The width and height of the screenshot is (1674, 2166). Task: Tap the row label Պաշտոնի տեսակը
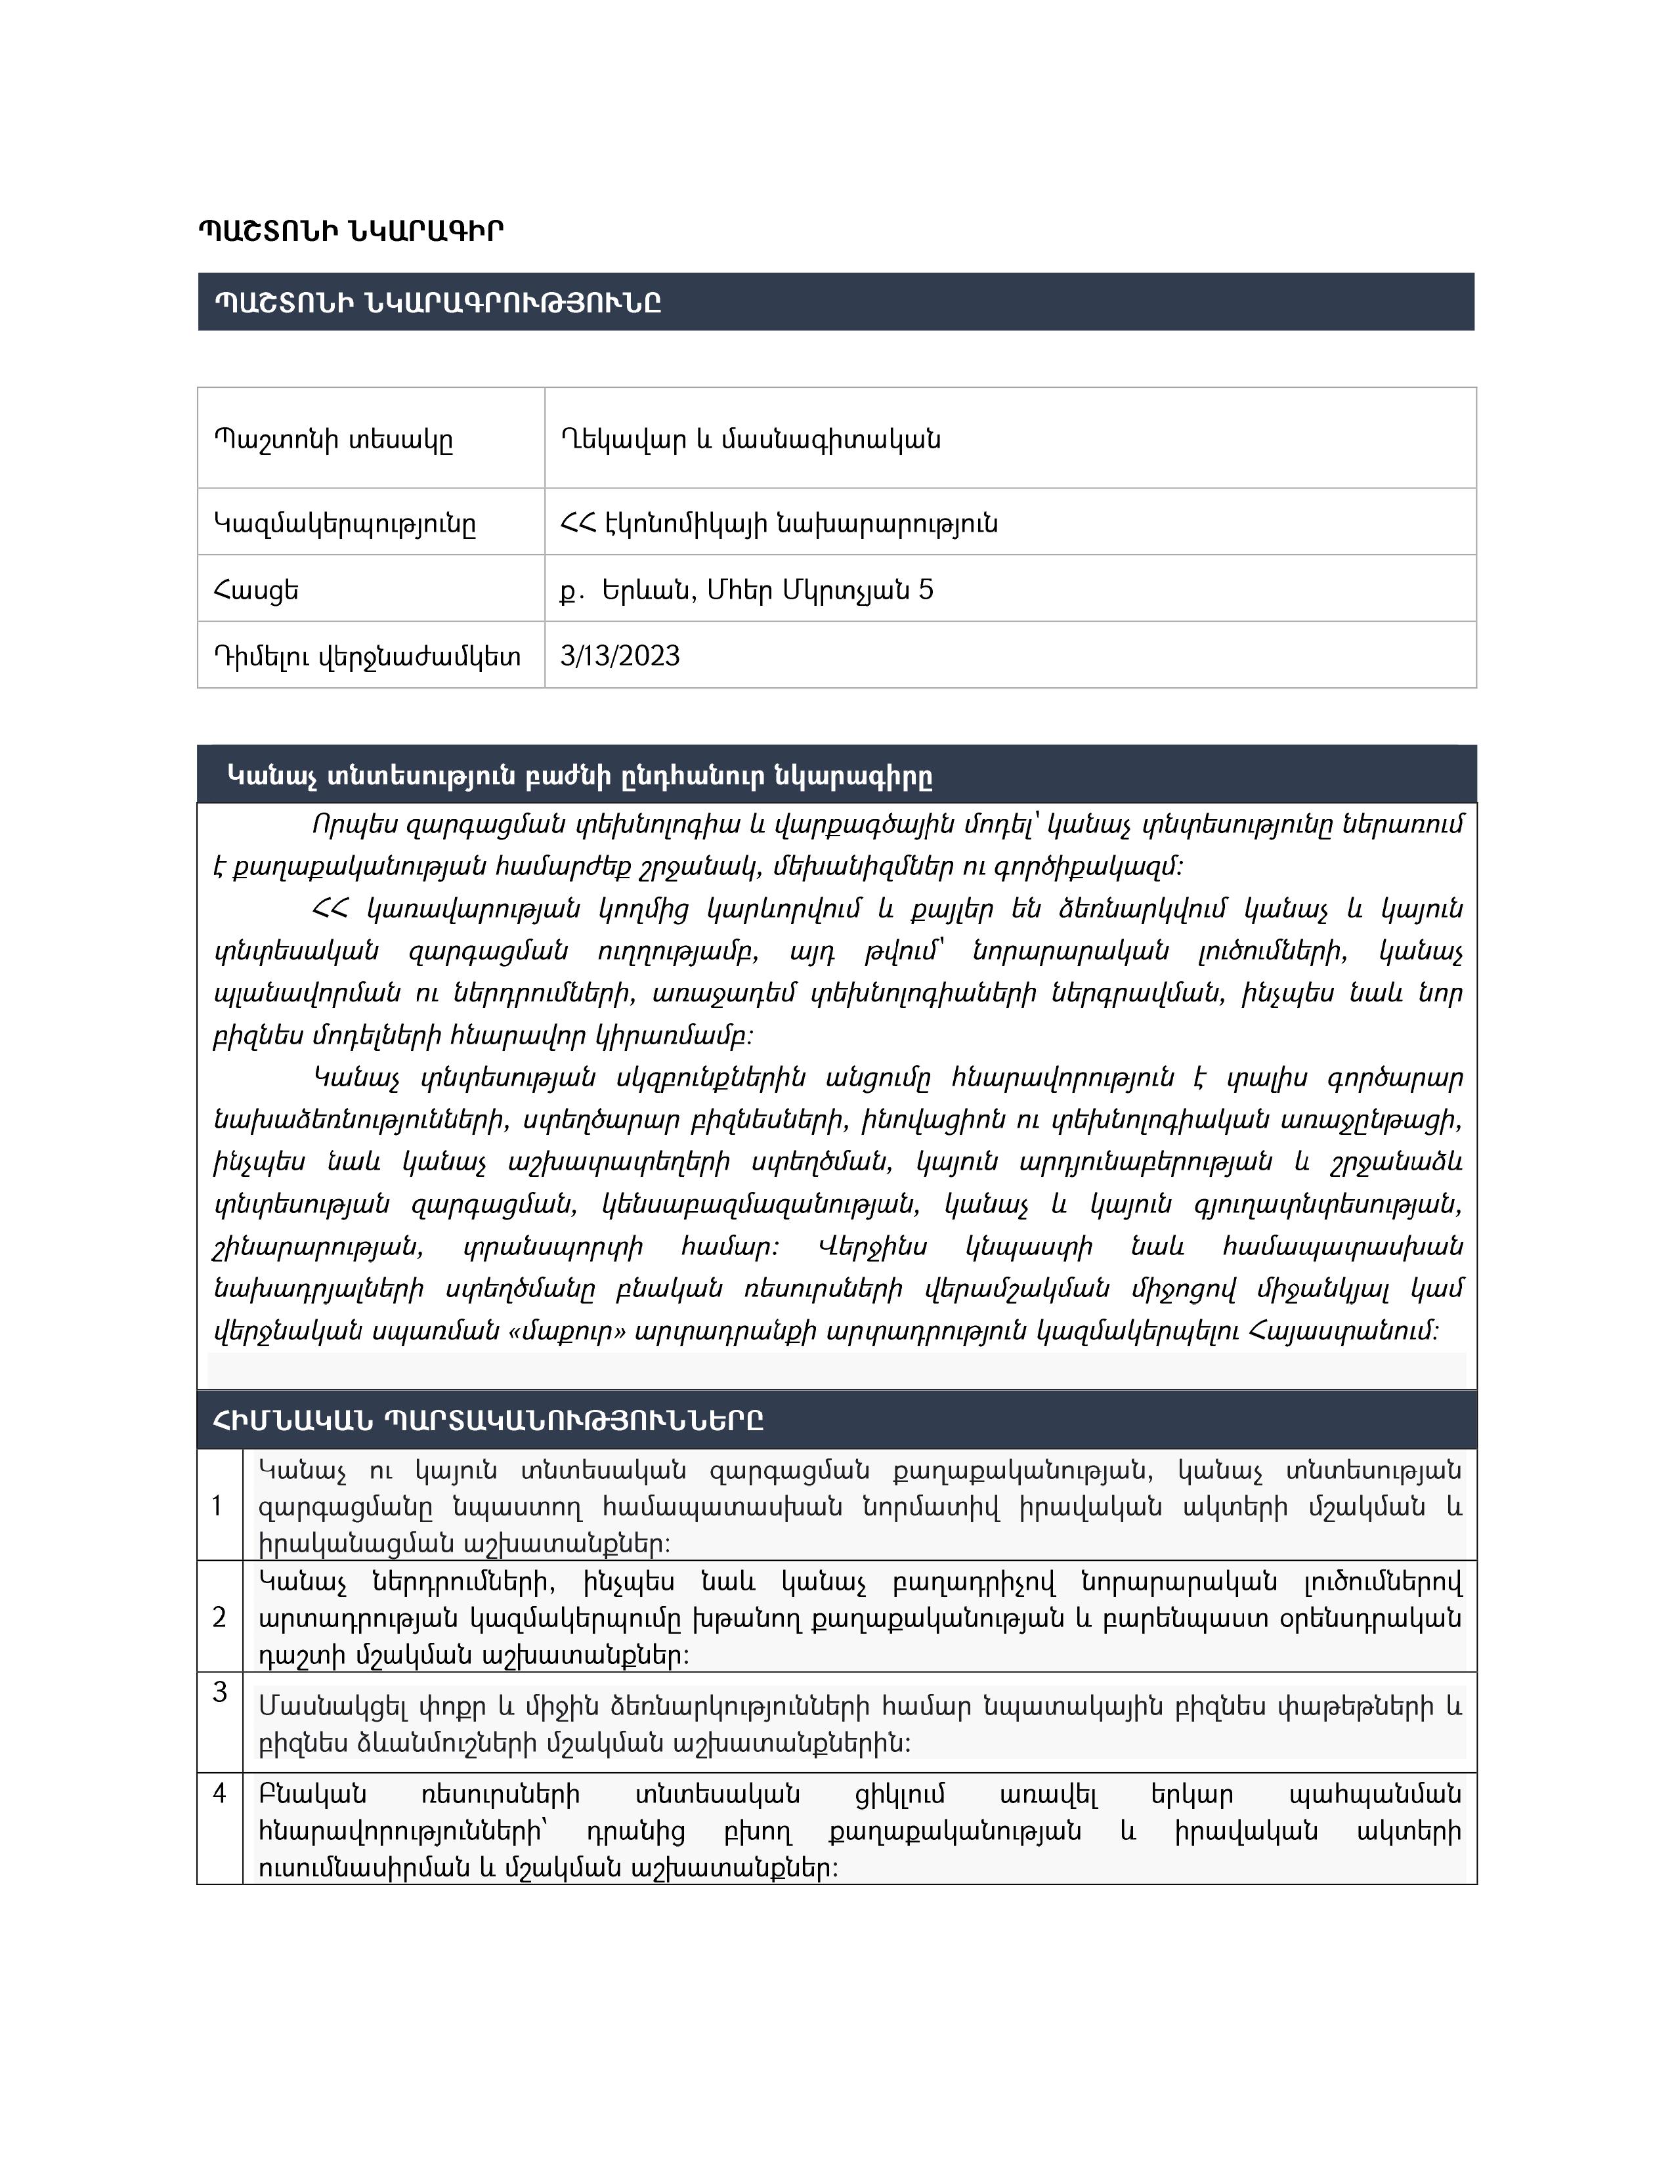(x=333, y=438)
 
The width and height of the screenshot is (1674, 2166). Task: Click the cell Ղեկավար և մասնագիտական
(x=750, y=438)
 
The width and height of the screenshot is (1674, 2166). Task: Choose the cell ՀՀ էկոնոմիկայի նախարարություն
(x=779, y=522)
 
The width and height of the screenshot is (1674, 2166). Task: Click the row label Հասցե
(x=256, y=590)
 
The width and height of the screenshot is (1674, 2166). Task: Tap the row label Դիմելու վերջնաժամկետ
(x=367, y=656)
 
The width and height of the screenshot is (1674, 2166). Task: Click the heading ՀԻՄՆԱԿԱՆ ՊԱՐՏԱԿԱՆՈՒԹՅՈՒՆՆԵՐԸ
(x=488, y=1420)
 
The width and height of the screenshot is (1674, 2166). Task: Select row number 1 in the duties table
(x=218, y=1506)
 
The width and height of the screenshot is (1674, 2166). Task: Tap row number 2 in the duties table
(x=219, y=1617)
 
